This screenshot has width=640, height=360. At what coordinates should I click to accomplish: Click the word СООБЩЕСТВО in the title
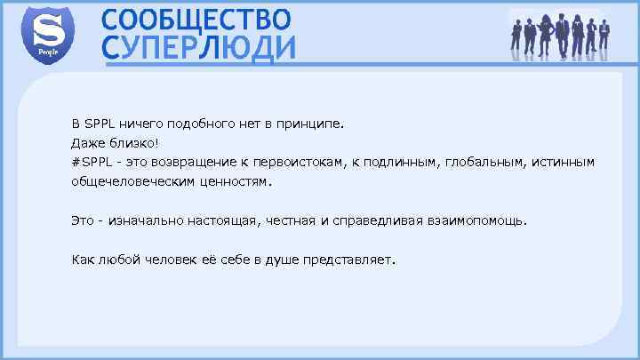pos(196,20)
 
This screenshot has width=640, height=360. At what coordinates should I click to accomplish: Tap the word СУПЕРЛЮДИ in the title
pos(199,48)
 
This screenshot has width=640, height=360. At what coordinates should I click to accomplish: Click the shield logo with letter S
pos(47,33)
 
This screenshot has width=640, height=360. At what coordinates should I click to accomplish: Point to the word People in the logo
pos(47,52)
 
